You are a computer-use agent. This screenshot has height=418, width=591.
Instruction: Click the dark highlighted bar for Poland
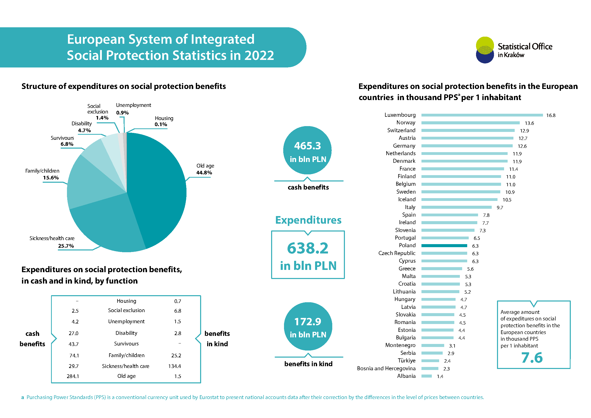click(444, 246)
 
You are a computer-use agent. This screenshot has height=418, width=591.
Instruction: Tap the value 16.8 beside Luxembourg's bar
click(551, 115)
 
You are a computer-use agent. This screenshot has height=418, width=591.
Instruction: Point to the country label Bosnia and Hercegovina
click(386, 368)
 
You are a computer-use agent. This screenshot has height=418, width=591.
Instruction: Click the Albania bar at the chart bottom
click(426, 376)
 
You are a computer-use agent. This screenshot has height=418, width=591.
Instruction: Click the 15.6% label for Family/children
click(51, 178)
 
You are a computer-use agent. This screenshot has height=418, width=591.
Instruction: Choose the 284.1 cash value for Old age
click(73, 376)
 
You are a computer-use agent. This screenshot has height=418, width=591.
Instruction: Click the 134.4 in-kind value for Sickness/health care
click(175, 366)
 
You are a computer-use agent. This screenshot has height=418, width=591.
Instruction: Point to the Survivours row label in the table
click(126, 344)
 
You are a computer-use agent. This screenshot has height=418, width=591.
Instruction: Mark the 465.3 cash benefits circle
click(307, 150)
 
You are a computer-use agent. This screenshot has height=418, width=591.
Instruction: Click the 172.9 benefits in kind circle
click(308, 326)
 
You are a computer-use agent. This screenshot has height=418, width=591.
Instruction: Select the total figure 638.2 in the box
click(308, 248)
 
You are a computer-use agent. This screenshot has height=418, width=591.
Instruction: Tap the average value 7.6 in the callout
click(532, 358)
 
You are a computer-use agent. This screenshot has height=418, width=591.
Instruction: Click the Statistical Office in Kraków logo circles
click(485, 50)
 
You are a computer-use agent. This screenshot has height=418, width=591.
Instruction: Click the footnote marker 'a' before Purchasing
click(23, 398)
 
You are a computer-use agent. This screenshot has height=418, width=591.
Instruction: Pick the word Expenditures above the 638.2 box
click(308, 220)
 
